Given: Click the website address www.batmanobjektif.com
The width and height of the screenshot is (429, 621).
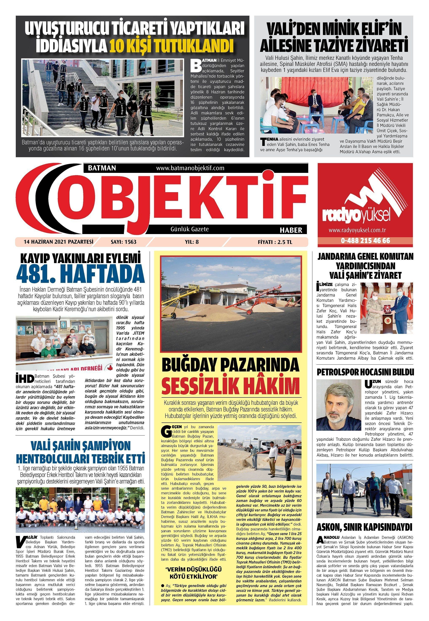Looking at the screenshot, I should (x=190, y=168).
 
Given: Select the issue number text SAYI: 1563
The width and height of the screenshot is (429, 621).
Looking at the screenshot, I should (x=123, y=242).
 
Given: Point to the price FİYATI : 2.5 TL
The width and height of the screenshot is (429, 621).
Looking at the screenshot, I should (x=275, y=242).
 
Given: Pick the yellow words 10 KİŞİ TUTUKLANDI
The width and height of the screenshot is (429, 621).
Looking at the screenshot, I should (x=171, y=46).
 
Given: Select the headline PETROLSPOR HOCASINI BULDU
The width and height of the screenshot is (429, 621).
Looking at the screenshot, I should (x=365, y=372).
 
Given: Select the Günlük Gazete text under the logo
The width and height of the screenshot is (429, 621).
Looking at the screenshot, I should (x=189, y=229).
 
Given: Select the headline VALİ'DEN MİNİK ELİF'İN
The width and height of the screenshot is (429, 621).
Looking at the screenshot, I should (x=334, y=29).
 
